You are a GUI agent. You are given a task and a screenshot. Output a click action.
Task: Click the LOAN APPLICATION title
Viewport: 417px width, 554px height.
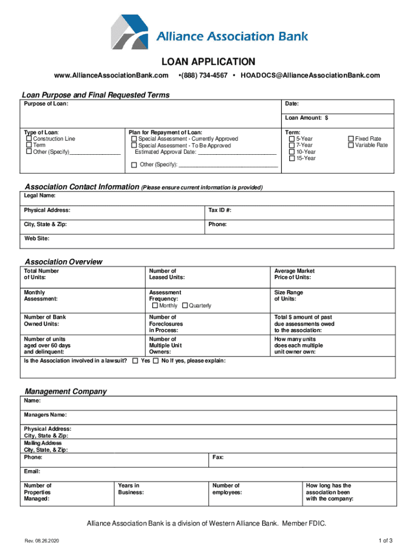click(208, 62)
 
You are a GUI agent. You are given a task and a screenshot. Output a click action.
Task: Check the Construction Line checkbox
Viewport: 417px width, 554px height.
click(29, 139)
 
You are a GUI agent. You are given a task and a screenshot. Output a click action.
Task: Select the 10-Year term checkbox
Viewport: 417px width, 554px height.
click(292, 152)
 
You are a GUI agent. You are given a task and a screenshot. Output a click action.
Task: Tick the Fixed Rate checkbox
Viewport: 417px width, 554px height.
click(350, 139)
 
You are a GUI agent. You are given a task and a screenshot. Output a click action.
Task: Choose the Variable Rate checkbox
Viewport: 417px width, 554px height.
click(350, 146)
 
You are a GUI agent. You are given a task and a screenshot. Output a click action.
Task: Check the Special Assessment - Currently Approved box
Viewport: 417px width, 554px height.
click(134, 139)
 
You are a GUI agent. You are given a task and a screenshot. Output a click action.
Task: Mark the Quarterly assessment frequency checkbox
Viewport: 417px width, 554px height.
click(185, 306)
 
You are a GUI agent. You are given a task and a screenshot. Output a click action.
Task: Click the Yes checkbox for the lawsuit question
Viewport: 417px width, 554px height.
click(135, 361)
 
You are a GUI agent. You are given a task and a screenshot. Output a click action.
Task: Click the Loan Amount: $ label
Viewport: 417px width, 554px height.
click(307, 117)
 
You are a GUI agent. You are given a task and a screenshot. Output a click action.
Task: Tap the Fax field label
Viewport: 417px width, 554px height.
click(218, 458)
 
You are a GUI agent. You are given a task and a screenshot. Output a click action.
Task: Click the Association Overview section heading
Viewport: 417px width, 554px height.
click(63, 262)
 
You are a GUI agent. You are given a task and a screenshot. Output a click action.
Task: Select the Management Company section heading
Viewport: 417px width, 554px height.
click(66, 391)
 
